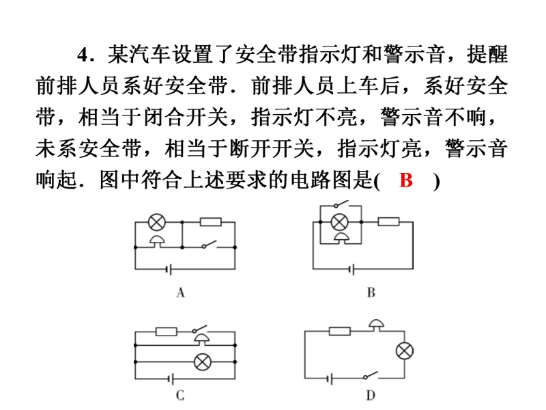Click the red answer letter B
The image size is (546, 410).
click(x=406, y=180)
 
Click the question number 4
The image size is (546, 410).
click(x=83, y=55)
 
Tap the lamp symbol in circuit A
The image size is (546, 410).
click(x=157, y=222)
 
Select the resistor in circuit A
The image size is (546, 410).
click(x=211, y=221)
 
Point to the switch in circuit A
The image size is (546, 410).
click(x=210, y=245)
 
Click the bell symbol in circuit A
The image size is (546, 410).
click(x=157, y=241)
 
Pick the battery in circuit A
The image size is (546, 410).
click(x=169, y=269)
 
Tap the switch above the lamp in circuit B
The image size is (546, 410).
click(x=341, y=204)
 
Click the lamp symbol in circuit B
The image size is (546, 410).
click(x=339, y=221)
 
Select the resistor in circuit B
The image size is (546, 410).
click(x=388, y=221)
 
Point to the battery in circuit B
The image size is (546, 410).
click(x=352, y=269)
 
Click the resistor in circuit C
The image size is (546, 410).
click(x=167, y=331)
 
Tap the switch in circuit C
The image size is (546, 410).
click(x=199, y=329)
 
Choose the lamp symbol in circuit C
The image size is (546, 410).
click(x=202, y=362)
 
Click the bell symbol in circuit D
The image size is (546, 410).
click(x=377, y=325)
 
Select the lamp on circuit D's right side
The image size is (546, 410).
click(x=405, y=351)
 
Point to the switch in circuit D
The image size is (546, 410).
click(x=371, y=375)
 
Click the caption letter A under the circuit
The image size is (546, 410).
click(x=180, y=292)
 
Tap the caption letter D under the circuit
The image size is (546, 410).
click(x=371, y=396)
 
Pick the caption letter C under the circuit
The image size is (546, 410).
click(x=180, y=396)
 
